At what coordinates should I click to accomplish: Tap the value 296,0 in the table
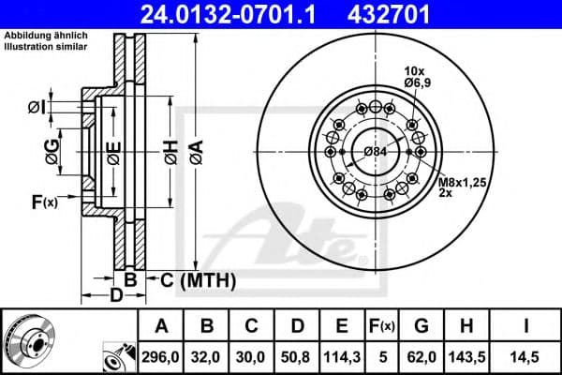click(160, 356)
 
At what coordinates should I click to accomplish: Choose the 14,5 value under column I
click(530, 356)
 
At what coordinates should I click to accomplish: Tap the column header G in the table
click(421, 325)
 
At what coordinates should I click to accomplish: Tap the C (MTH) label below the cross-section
click(195, 279)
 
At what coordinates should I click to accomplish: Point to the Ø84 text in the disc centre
click(375, 152)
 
